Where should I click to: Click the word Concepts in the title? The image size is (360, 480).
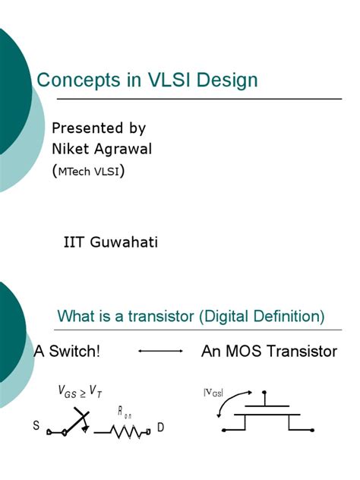[x=78, y=81]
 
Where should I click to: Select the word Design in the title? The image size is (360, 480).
[x=227, y=81]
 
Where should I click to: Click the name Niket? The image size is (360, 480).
[x=71, y=149]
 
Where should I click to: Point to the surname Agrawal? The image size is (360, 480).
[x=123, y=150]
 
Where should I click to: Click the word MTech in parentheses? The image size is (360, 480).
[x=74, y=172]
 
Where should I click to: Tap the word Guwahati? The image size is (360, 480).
[x=124, y=242]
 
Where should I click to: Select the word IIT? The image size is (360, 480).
[x=74, y=242]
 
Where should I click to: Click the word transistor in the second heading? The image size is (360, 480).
[x=161, y=316]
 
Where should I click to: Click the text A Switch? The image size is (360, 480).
[x=67, y=351]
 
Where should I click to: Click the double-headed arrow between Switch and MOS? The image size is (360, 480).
[x=160, y=351]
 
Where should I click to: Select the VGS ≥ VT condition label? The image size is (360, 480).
[x=80, y=391]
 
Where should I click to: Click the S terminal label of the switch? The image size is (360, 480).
[x=36, y=425]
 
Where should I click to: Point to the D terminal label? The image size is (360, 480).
[x=160, y=427]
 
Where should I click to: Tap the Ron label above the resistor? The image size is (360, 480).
[x=125, y=412]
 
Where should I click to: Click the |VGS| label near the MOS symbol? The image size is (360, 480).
[x=213, y=393]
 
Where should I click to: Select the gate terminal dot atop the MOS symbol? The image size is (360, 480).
[x=264, y=392]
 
